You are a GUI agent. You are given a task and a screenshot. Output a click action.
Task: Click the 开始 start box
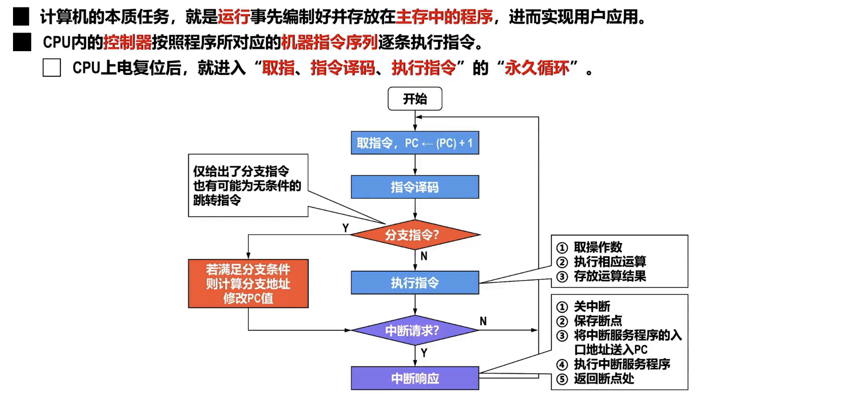[x=415, y=99]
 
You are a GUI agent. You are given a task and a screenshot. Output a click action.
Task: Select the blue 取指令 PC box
[x=415, y=143]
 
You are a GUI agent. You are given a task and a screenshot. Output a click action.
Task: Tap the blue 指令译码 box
[x=415, y=187]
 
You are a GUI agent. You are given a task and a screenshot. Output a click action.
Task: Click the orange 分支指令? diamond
[x=414, y=235]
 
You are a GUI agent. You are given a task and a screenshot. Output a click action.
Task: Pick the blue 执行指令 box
[x=415, y=282]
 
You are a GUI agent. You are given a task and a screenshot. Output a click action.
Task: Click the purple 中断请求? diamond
[x=414, y=330]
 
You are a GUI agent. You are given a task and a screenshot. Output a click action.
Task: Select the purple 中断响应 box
[x=415, y=378]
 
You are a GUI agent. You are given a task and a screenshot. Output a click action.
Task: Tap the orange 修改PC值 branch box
[x=248, y=283]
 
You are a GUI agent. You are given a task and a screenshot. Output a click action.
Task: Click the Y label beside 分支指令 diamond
[x=345, y=228]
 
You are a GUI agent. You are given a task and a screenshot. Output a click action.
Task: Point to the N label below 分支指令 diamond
[x=424, y=256]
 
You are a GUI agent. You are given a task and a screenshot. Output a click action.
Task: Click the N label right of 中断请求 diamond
[x=483, y=321]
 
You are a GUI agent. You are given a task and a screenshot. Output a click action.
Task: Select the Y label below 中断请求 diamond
[x=424, y=353]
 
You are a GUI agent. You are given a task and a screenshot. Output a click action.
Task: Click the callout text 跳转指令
[x=217, y=200]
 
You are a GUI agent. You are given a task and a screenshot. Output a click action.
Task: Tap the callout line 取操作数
[x=597, y=247]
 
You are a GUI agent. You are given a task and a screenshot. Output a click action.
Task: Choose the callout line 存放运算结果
[x=610, y=276]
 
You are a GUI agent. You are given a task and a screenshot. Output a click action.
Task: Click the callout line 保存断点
[x=597, y=321]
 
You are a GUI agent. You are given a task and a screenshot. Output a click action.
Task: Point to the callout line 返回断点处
[x=603, y=379]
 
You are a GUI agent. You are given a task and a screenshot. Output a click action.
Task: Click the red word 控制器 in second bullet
[x=127, y=42]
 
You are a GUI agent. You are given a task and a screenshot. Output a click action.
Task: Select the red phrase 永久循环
[x=537, y=68]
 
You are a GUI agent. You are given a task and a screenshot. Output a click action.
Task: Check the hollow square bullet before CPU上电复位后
[x=52, y=68]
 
